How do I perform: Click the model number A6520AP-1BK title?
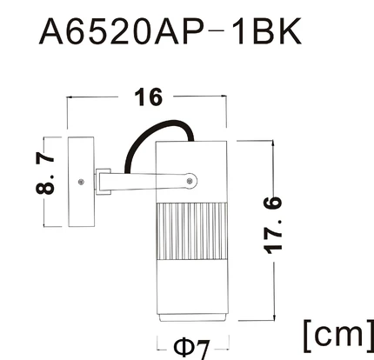tap(170, 31)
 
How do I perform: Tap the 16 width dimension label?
tap(149, 97)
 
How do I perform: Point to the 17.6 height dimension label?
tap(273, 224)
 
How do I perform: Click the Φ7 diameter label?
tap(191, 348)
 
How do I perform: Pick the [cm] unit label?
tap(338, 336)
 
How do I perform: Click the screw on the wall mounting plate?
tap(81, 182)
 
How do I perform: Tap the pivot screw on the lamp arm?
tap(190, 182)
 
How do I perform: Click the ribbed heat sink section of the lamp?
tap(191, 231)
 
